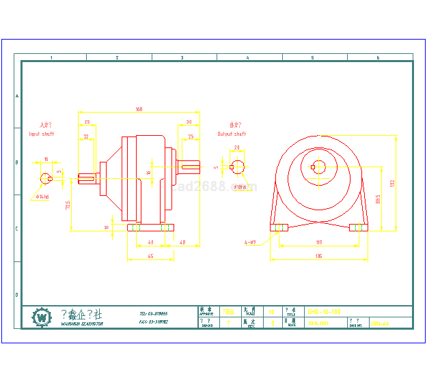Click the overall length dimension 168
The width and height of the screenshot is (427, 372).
(139, 109)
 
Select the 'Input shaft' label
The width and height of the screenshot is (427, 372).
(42, 134)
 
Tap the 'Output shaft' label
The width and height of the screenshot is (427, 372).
(232, 134)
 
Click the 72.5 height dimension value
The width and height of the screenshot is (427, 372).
(68, 205)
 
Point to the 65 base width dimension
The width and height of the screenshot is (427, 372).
(150, 256)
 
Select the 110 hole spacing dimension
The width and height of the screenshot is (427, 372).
(318, 242)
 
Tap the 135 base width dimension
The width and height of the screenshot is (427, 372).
(318, 257)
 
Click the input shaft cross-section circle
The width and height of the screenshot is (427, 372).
(46, 179)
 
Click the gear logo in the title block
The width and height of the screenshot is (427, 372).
(42, 317)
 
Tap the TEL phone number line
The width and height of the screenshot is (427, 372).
(153, 313)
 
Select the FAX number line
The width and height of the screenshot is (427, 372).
(153, 321)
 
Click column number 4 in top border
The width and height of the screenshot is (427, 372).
(247, 58)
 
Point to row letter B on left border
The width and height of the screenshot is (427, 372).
(17, 162)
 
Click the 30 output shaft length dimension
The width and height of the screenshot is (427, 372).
(188, 123)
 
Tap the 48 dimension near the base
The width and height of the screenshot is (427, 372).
(183, 242)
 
